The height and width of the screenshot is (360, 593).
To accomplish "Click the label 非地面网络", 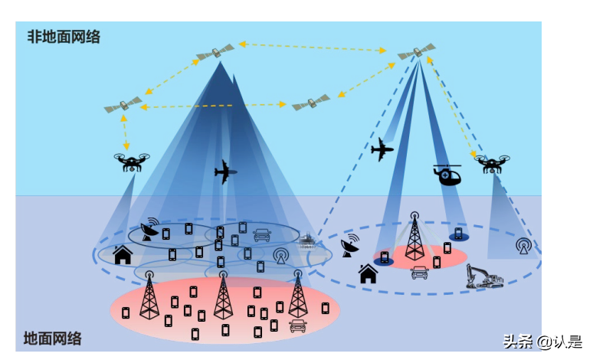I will tap(64, 37).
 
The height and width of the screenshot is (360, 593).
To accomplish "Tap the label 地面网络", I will tap(52, 338).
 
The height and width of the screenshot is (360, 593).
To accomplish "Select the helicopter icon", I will tap(447, 175).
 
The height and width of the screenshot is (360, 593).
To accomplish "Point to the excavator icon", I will tap(484, 276).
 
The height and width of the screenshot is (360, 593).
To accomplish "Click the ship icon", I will tap(307, 241).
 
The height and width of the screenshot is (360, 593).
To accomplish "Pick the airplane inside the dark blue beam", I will tap(225, 172).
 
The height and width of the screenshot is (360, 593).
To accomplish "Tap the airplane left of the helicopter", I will tap(382, 149).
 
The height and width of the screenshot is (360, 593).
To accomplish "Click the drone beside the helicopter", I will tap(493, 163).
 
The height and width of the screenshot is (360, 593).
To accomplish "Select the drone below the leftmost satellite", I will tap(131, 162).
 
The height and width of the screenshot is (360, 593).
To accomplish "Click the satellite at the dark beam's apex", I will tap(215, 52).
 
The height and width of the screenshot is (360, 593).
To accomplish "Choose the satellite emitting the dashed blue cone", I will tap(416, 53).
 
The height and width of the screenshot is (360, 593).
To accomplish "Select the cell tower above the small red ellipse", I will tap(414, 237).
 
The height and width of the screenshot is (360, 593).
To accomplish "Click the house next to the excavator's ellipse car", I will tap(369, 273).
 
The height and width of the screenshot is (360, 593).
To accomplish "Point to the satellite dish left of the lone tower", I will tap(351, 247).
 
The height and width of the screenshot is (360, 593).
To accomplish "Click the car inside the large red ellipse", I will tap(297, 326).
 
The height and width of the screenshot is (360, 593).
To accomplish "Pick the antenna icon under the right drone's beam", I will tap(523, 247).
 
